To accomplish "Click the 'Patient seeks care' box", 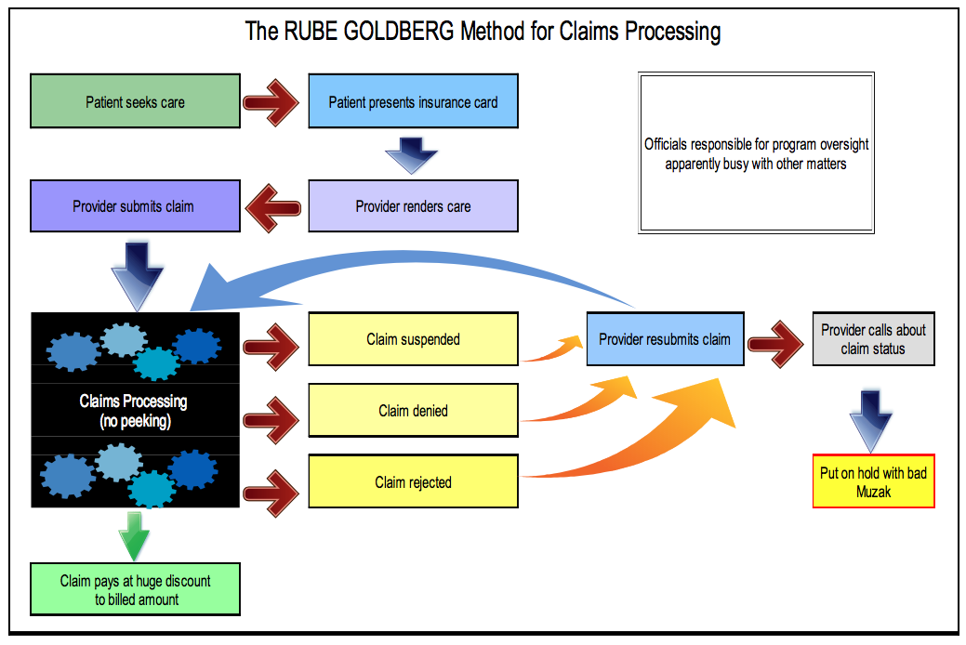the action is click(x=135, y=101).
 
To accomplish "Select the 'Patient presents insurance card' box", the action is click(x=413, y=101).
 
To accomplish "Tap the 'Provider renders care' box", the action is click(x=413, y=205).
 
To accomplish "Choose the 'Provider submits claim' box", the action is click(x=135, y=205).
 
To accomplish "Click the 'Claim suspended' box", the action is click(x=413, y=339).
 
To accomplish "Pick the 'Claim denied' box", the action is click(x=413, y=410).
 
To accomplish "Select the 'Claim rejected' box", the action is click(x=413, y=481).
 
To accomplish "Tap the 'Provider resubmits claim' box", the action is click(x=666, y=339).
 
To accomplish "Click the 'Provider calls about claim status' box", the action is click(x=874, y=339).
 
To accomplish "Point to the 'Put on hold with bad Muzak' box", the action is click(x=874, y=481).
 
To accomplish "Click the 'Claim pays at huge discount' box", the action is click(x=135, y=589).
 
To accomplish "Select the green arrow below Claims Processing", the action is click(x=134, y=536).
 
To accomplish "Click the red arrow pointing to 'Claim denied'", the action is click(x=271, y=420).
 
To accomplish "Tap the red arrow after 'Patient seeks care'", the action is click(x=271, y=102).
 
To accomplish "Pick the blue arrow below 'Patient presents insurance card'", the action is click(x=412, y=155).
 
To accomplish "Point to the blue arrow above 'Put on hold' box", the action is click(x=870, y=421).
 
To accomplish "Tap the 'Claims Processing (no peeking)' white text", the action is click(x=134, y=411).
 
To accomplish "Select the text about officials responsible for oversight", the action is click(x=756, y=153).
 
